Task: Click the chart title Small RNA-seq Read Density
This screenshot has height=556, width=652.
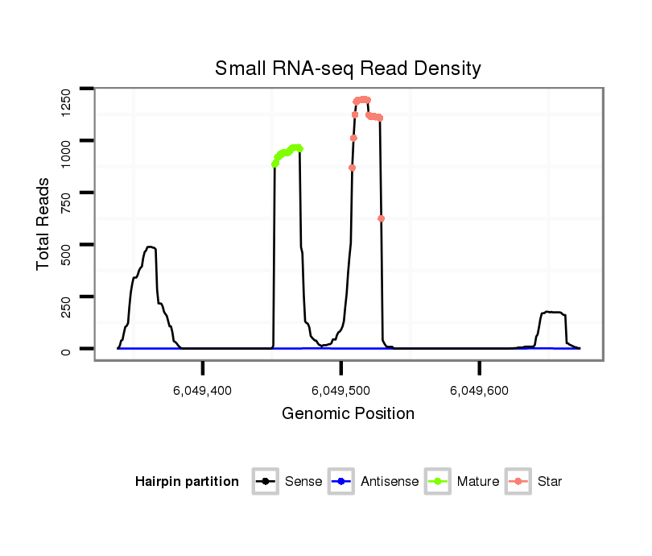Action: coord(348,68)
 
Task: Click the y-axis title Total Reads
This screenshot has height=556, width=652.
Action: coord(45,223)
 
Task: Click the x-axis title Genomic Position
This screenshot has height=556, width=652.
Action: coord(348,414)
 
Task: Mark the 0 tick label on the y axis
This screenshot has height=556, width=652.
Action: coord(66,350)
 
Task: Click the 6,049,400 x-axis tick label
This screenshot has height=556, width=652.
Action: coord(203,391)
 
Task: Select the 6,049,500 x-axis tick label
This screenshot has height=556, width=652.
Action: coord(341,391)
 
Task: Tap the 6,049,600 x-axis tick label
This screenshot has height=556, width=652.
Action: coord(480,391)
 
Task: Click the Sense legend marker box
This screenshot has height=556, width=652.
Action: coord(265,482)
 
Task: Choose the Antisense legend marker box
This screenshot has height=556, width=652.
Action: coord(342,482)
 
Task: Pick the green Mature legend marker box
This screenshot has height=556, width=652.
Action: coord(438,482)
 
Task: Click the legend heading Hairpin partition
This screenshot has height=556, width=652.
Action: coord(187,482)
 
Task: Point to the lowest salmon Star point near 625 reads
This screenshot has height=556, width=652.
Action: coord(381,218)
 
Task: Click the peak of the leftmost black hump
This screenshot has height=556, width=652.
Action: coord(150,247)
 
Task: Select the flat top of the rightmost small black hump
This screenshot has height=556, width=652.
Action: coord(553,312)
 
